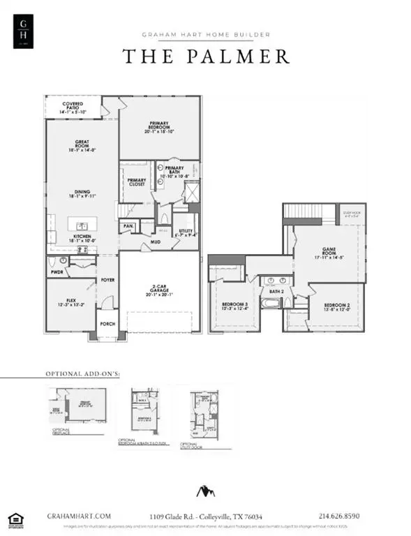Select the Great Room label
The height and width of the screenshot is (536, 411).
82,147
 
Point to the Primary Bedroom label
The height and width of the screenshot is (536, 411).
160,126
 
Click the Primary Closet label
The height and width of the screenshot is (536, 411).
136,183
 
